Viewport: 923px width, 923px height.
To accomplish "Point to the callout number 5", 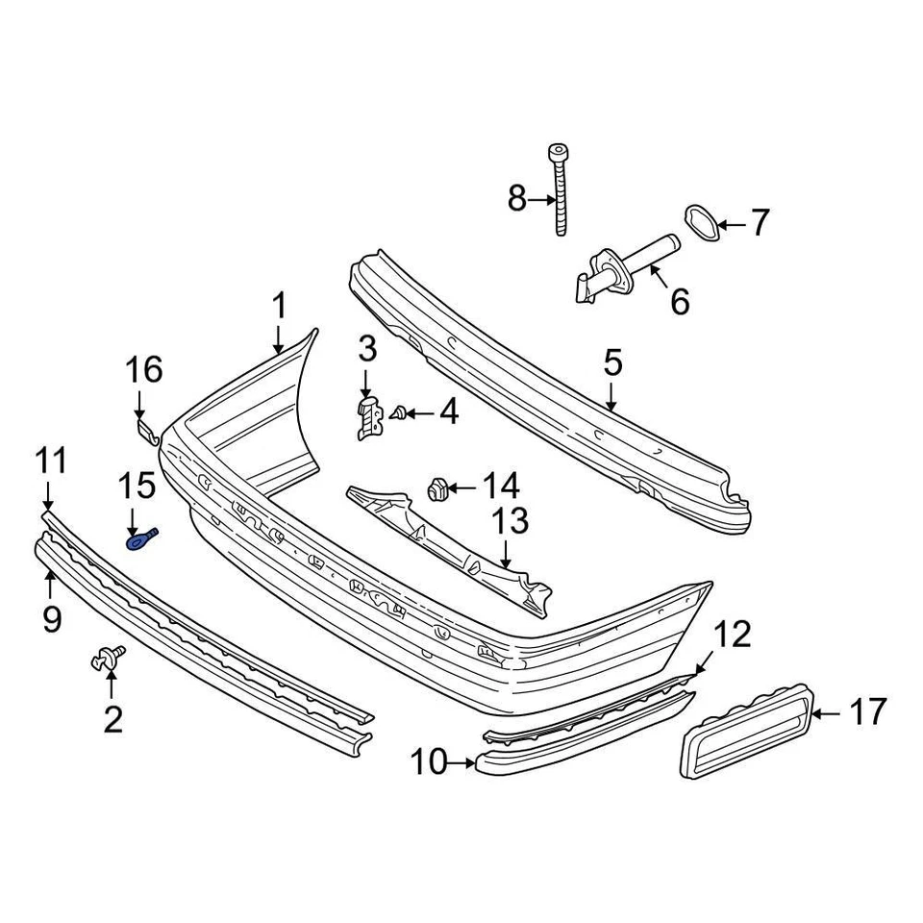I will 613,362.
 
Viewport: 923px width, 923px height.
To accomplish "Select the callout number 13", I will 510,522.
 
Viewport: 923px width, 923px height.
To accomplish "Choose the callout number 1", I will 278,307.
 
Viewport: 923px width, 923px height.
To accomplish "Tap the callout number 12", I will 733,635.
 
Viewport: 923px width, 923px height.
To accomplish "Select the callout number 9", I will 52,618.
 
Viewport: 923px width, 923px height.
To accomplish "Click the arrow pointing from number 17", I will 828,713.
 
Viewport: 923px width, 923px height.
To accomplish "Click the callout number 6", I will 680,302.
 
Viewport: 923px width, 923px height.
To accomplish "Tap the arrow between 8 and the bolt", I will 541,200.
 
